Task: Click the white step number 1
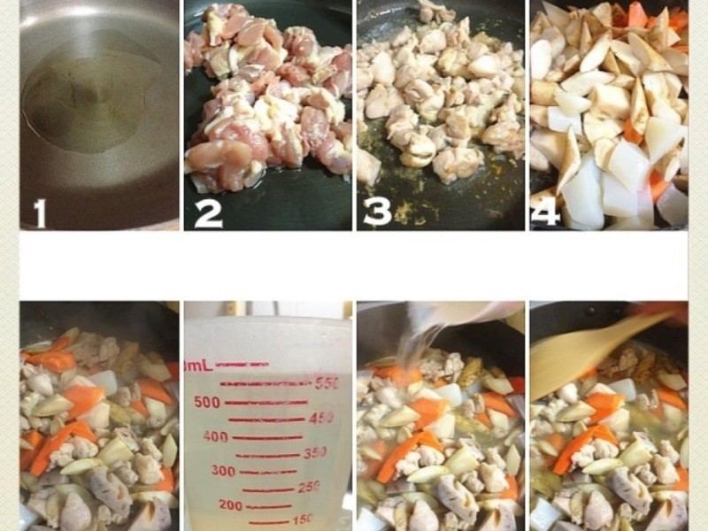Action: [x=40, y=212]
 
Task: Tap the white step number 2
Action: [x=208, y=213]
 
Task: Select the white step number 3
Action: [x=378, y=212]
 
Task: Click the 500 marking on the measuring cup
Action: [x=207, y=402]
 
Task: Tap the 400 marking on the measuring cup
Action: [x=215, y=436]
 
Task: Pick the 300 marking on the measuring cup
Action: [x=224, y=471]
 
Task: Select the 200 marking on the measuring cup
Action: [x=231, y=505]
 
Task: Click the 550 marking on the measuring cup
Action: [x=327, y=383]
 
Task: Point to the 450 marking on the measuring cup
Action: [x=320, y=418]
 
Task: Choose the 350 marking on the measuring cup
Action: [x=315, y=452]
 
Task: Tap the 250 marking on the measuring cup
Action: [x=309, y=487]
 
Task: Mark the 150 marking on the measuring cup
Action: [x=303, y=519]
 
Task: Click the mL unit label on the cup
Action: [x=199, y=366]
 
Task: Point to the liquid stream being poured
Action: [x=416, y=348]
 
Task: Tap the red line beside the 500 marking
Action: [x=266, y=402]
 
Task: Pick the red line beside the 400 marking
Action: [x=267, y=437]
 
